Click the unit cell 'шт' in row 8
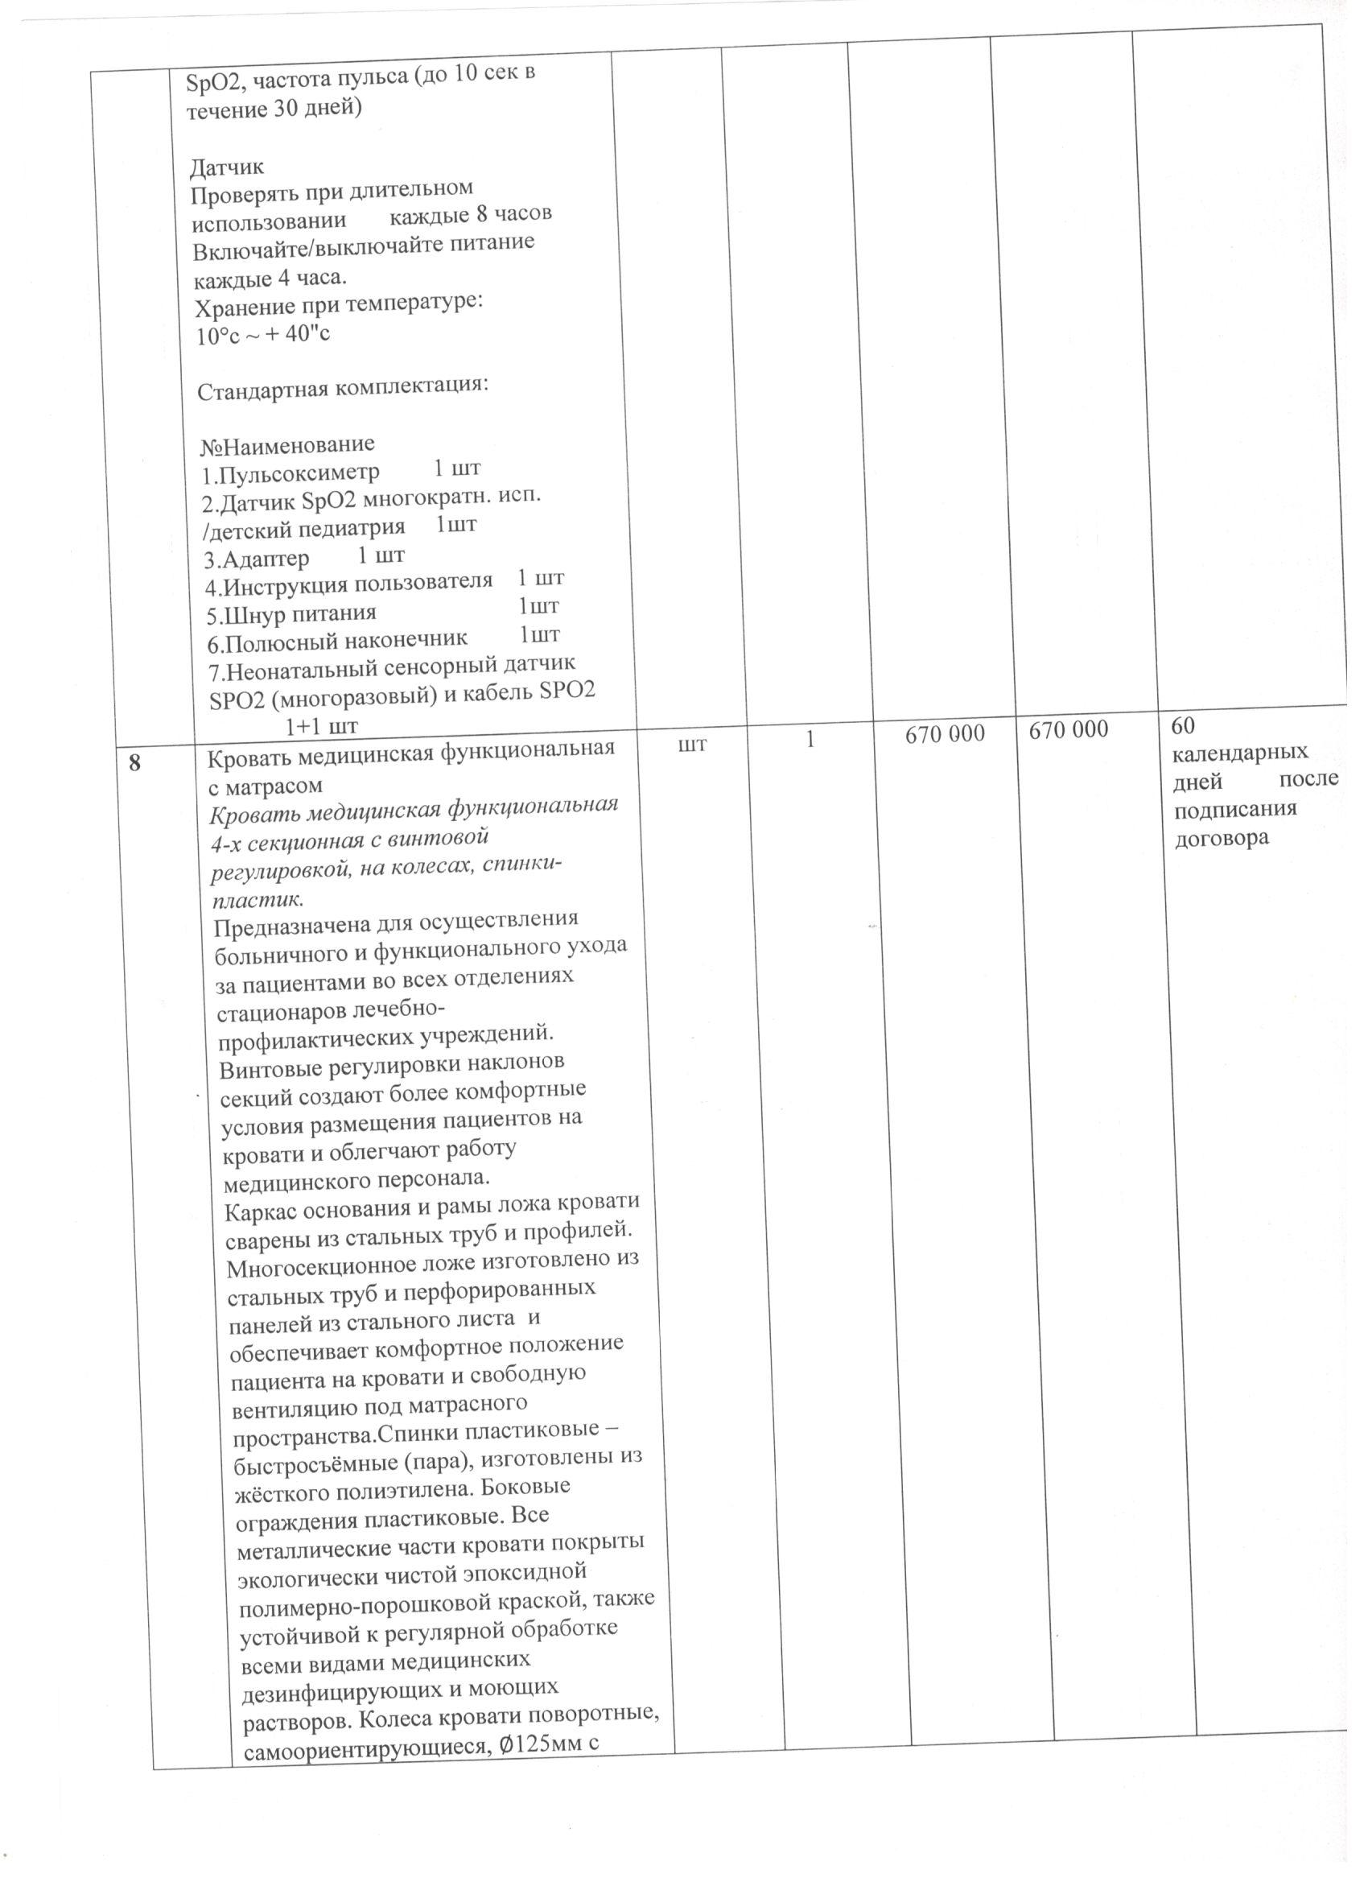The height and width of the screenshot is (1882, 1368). point(693,745)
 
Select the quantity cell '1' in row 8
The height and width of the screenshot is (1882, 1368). point(810,738)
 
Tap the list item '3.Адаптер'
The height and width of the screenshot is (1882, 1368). point(258,559)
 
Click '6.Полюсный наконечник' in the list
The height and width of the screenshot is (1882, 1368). point(337,642)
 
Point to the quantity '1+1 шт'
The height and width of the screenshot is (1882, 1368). point(321,727)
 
